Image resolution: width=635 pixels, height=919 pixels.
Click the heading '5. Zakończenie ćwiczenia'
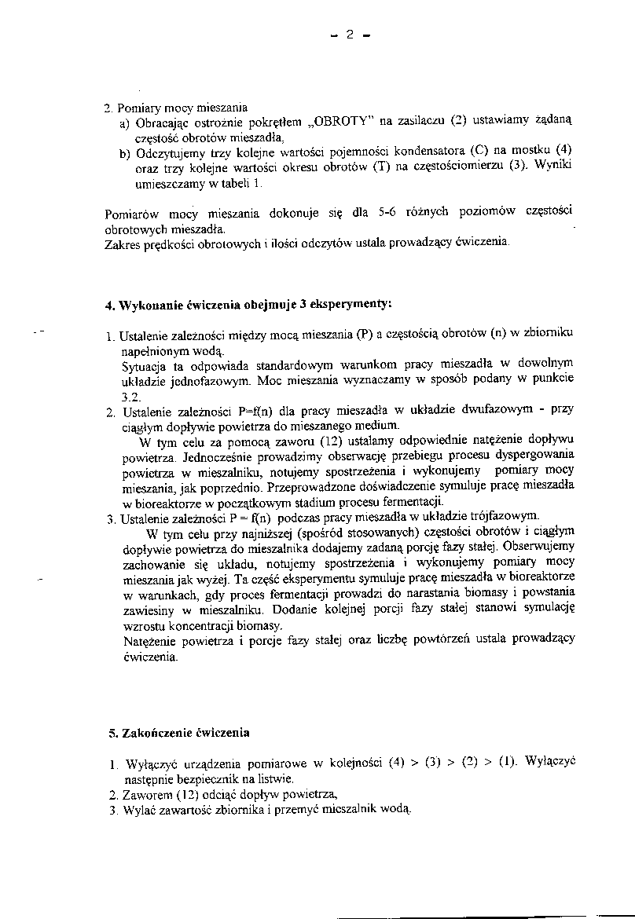(x=178, y=733)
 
